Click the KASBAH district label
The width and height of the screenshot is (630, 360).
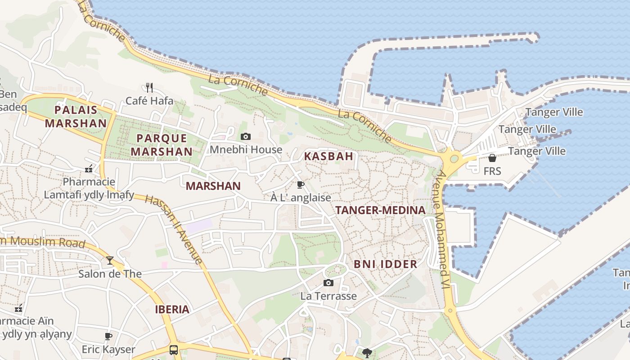click(328, 157)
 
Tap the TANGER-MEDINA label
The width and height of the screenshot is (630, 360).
click(380, 210)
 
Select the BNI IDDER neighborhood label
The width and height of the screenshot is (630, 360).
click(385, 264)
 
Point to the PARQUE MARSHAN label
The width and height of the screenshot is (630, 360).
click(162, 145)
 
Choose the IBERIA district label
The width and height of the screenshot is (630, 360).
click(172, 310)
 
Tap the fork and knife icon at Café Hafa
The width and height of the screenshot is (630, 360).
click(149, 87)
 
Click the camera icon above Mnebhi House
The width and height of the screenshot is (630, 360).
click(246, 136)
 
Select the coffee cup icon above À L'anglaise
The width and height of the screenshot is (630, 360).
click(301, 184)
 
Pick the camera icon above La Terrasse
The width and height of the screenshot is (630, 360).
click(328, 283)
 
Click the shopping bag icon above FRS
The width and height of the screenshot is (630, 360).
click(492, 158)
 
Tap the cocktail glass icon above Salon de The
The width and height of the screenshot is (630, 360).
click(110, 260)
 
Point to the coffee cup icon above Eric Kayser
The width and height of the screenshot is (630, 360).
click(108, 336)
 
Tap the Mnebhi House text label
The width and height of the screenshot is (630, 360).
click(246, 149)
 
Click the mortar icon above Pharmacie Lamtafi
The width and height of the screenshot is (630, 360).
click(89, 169)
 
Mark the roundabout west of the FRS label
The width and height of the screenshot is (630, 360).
click(454, 158)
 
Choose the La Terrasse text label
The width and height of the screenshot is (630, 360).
click(328, 296)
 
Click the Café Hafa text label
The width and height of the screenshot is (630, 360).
click(149, 101)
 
